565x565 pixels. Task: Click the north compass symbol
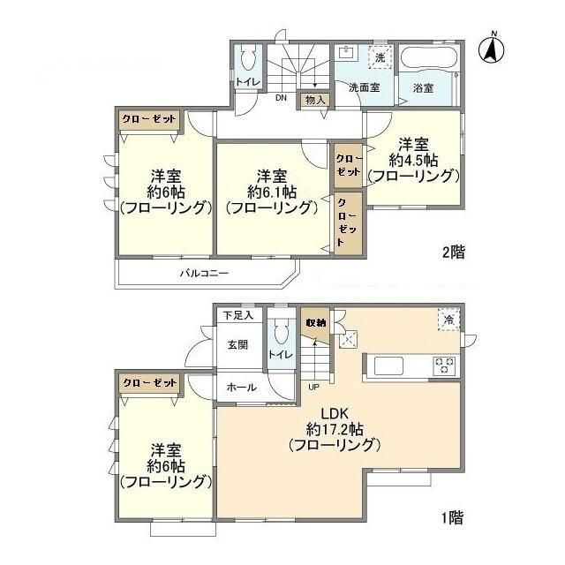(x=491, y=49)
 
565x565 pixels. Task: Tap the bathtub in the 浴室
(x=429, y=57)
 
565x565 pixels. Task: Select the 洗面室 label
(x=364, y=87)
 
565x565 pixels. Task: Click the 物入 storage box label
(x=315, y=100)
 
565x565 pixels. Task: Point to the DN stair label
(x=281, y=98)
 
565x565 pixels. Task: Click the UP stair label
(x=313, y=388)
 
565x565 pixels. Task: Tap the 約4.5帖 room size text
(x=413, y=161)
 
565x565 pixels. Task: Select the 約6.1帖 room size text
(x=272, y=192)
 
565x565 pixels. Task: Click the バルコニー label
(x=204, y=273)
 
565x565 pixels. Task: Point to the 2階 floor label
(x=454, y=252)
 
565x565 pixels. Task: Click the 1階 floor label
(x=452, y=518)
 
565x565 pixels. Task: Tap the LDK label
(x=334, y=414)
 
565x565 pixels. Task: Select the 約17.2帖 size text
(x=335, y=429)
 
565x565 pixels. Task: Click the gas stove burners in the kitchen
(x=445, y=365)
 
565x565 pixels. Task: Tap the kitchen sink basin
(x=388, y=365)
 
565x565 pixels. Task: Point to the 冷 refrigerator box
(x=448, y=320)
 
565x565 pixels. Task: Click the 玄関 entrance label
(x=237, y=345)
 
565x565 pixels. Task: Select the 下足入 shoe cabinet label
(x=238, y=316)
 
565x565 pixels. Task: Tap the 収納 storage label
(x=316, y=323)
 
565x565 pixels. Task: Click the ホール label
(x=241, y=388)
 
